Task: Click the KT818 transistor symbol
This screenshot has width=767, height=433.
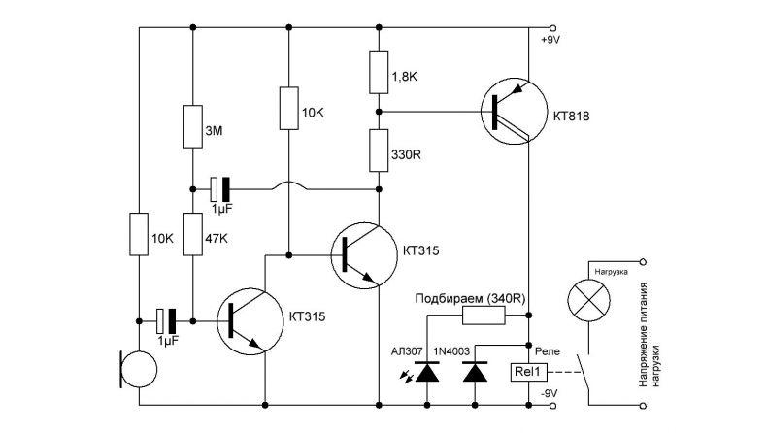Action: point(514,111)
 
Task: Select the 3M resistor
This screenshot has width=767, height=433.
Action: point(193,126)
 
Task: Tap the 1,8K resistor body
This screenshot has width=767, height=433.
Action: point(379,73)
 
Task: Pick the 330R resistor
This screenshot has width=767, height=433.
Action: point(379,150)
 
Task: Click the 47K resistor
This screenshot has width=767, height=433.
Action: point(193,234)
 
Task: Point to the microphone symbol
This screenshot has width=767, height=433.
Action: point(138,369)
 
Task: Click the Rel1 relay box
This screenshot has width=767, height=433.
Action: point(529,373)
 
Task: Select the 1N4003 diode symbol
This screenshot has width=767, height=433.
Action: point(475,373)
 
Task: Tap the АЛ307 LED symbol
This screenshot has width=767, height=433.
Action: point(427,373)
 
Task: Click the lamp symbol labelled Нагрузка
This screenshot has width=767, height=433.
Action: point(588,300)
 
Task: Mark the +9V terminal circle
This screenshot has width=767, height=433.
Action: point(553,28)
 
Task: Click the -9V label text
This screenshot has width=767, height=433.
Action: point(549,393)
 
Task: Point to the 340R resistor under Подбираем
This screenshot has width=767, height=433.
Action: point(484,316)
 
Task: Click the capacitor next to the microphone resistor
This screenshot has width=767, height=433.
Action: point(166,321)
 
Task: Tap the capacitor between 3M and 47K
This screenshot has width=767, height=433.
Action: point(219,189)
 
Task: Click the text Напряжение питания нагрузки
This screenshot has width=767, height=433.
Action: point(650,335)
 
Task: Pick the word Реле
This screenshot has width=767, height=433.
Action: point(548,351)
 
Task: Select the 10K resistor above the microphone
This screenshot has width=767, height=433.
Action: point(139,234)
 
